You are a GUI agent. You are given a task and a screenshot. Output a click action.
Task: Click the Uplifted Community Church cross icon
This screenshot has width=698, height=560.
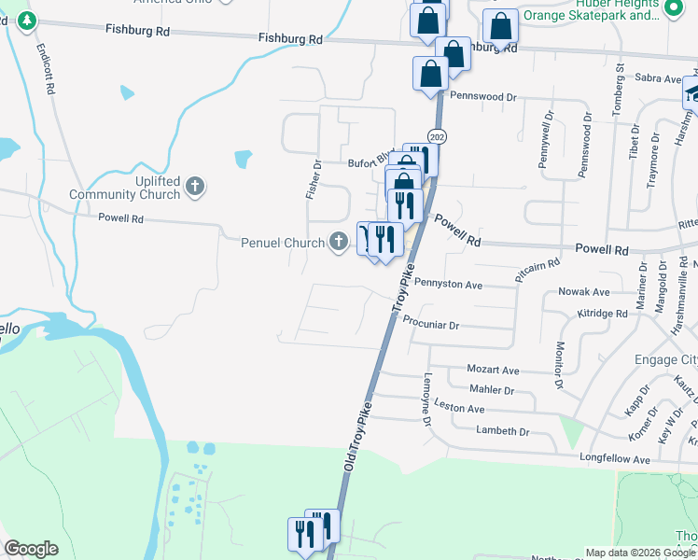[x=195, y=187]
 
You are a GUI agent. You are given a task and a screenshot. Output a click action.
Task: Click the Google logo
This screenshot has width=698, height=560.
[x=31, y=549]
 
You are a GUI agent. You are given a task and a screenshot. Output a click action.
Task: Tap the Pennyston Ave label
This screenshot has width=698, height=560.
[x=447, y=283]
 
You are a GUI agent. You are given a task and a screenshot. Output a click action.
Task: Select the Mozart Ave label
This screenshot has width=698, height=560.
[x=493, y=371]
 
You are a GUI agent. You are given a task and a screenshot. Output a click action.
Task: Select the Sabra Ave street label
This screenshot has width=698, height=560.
[x=658, y=79]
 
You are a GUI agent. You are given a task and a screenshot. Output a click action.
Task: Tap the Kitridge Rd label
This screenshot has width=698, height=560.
[x=607, y=315]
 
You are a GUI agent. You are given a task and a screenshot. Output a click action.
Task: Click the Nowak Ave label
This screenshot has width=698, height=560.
[x=583, y=292]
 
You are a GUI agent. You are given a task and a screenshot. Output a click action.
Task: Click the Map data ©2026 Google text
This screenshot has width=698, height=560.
[x=639, y=553]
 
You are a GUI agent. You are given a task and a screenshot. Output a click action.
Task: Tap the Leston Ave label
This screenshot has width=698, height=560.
[x=459, y=408]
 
